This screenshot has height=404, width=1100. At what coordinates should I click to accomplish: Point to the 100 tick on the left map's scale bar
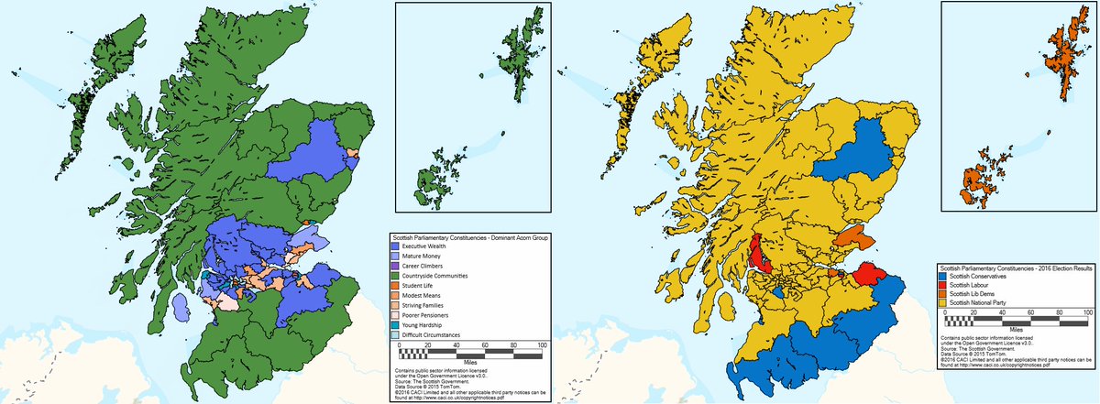(x=542, y=345)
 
